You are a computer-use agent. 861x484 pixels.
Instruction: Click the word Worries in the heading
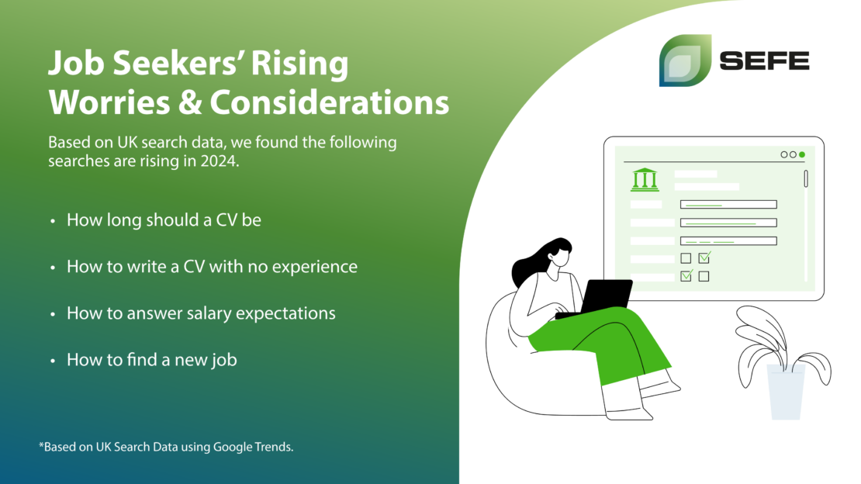click(x=109, y=102)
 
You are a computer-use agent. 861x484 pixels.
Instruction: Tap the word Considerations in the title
click(x=330, y=102)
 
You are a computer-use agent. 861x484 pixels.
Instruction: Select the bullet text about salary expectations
click(x=201, y=313)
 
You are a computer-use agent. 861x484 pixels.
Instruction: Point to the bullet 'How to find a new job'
click(x=151, y=360)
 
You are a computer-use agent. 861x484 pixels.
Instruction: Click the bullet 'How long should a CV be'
click(x=164, y=220)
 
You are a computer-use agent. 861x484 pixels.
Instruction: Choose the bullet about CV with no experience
click(x=212, y=267)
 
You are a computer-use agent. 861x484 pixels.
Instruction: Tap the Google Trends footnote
click(x=166, y=447)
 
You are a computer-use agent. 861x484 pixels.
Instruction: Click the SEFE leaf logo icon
click(x=685, y=60)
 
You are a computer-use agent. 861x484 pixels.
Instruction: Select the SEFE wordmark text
click(x=764, y=60)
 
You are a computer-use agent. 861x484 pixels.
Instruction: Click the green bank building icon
click(x=645, y=180)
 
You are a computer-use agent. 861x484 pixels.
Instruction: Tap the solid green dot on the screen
click(x=802, y=155)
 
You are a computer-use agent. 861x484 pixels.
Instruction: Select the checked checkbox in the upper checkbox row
click(x=704, y=257)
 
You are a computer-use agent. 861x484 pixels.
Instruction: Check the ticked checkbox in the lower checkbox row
click(x=686, y=275)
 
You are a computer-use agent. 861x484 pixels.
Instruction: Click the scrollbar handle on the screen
click(x=806, y=179)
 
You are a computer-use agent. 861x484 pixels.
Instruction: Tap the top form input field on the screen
click(x=728, y=204)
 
